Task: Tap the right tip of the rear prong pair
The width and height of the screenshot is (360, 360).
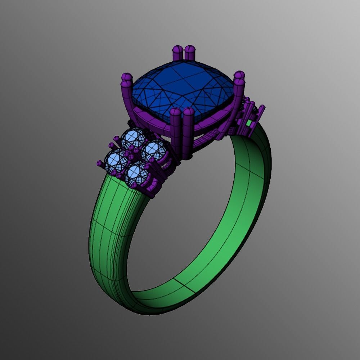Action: point(190,49)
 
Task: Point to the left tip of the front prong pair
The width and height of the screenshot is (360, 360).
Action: point(175,113)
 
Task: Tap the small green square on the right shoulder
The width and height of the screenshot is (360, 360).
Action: point(249,124)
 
